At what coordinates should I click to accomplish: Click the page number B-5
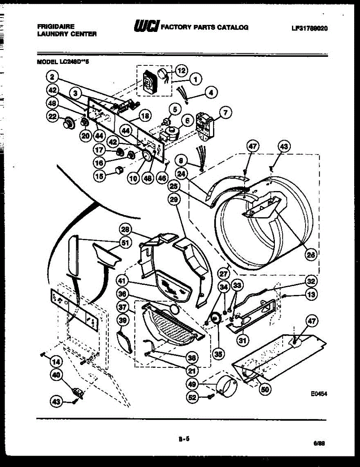[184, 439]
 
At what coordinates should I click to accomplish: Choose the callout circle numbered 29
[175, 199]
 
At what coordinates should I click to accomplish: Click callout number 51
[125, 242]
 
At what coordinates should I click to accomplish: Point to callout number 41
[123, 280]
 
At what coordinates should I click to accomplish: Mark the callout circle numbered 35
[219, 354]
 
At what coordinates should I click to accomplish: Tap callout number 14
[56, 362]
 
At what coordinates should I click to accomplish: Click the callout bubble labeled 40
[56, 375]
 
